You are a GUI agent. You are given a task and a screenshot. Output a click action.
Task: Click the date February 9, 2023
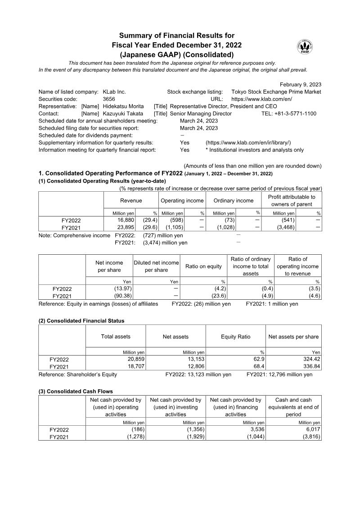point(300,85)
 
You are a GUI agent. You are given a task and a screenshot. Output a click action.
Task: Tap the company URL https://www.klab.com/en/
point(261,99)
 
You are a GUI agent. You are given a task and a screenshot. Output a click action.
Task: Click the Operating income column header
point(182,201)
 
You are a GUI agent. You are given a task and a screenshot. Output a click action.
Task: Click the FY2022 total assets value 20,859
point(135,359)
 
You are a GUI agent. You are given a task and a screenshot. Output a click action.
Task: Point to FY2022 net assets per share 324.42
point(310,359)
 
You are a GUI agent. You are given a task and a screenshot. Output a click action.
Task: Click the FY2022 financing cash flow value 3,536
point(256,429)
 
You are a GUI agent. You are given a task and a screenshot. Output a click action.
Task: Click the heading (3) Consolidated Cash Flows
point(76,392)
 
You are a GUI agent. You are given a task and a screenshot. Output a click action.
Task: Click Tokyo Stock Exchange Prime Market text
point(276,92)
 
